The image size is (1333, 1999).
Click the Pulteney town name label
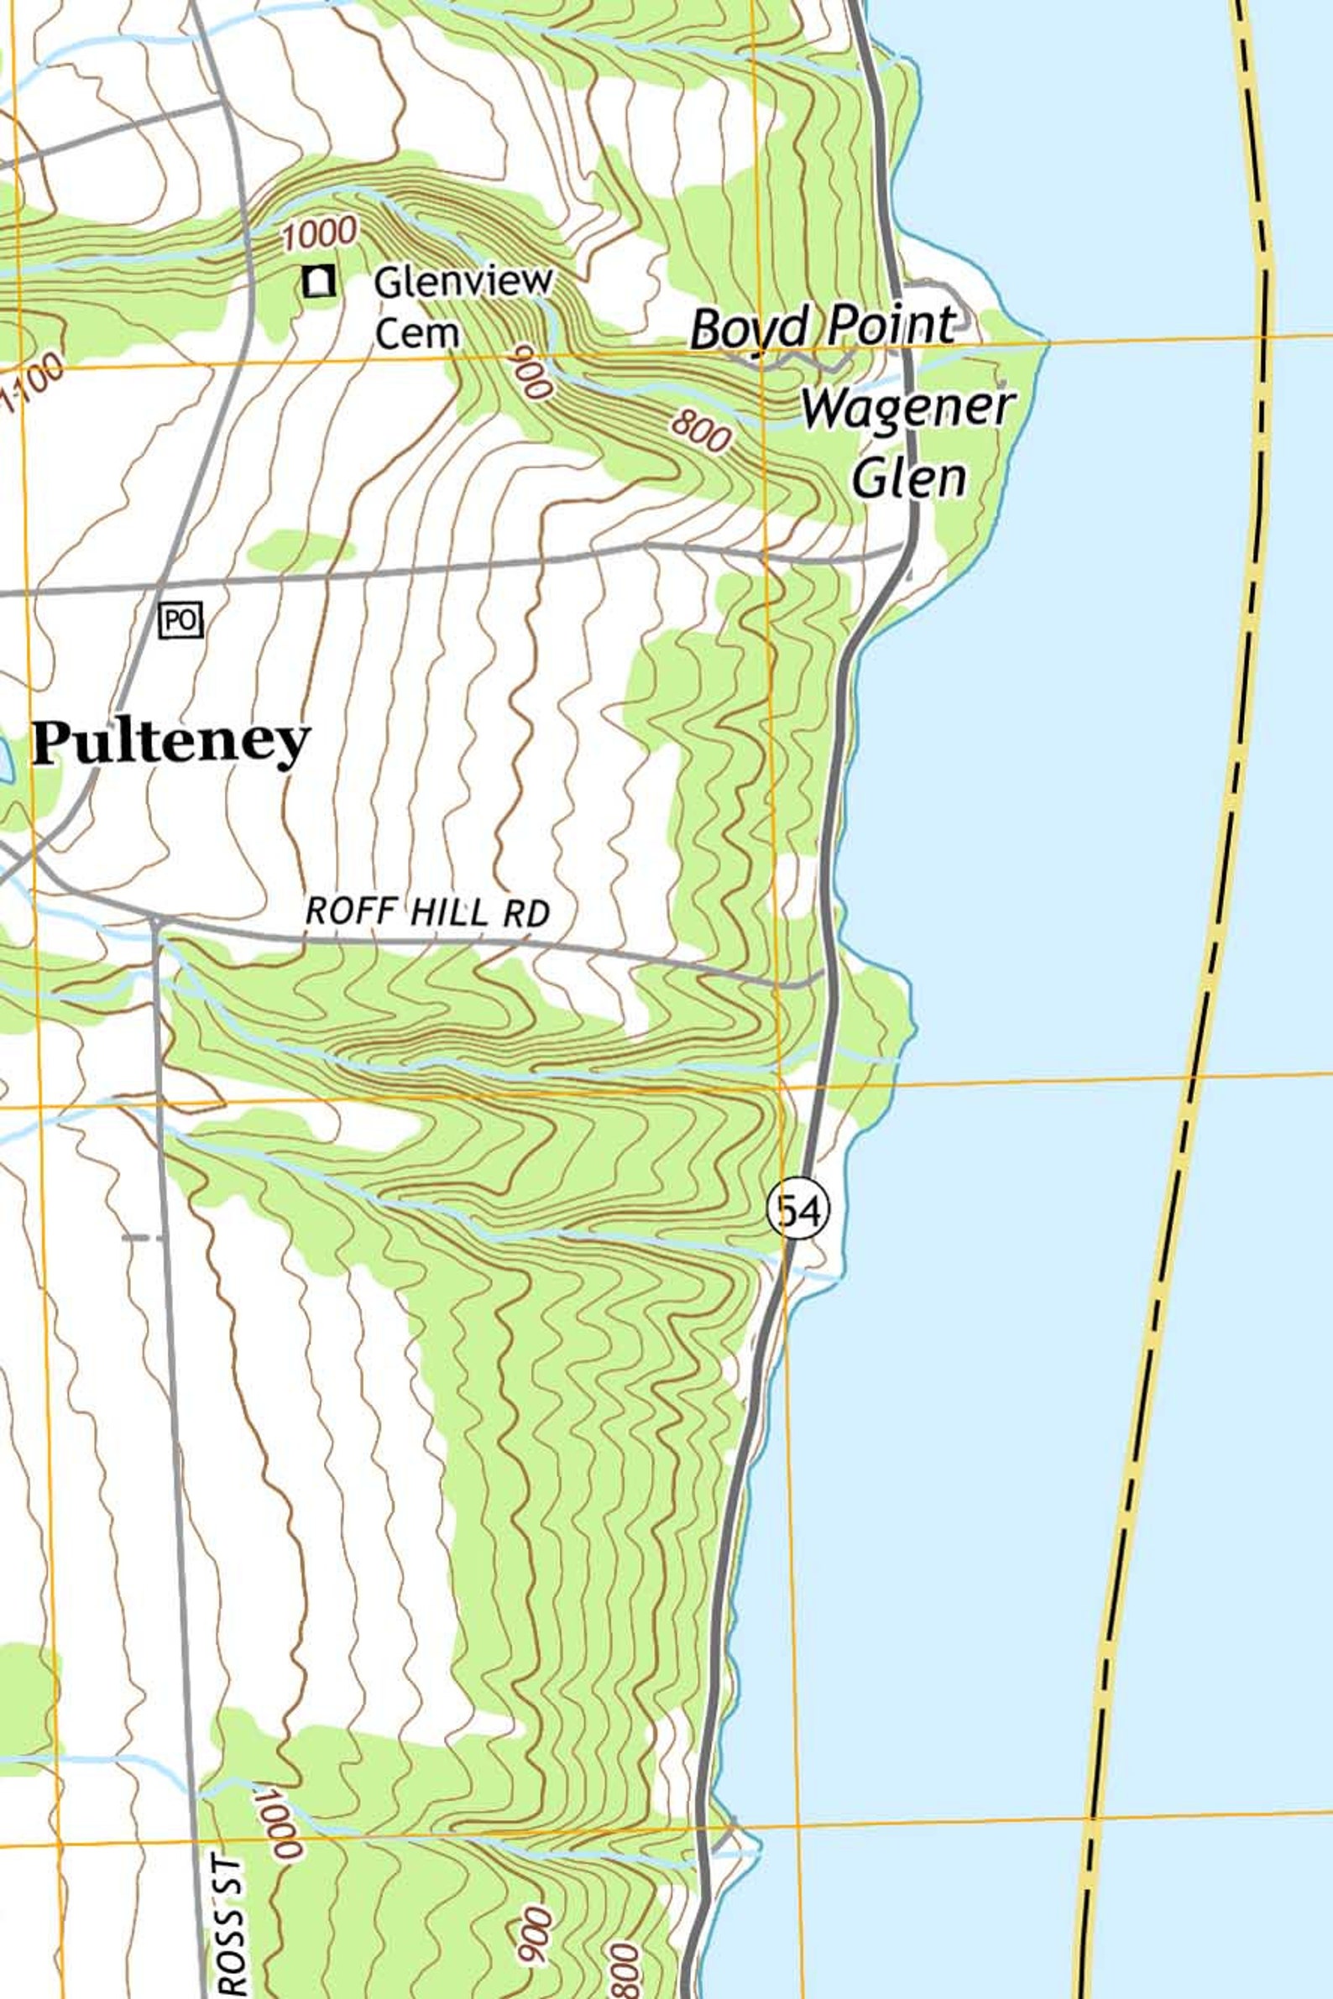tap(170, 742)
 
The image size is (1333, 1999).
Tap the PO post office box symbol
tap(180, 620)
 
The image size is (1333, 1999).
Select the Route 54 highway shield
tap(797, 1209)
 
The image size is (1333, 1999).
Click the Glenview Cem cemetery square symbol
tap(318, 280)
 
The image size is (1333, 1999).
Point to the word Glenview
tap(463, 281)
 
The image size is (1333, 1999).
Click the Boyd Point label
tap(823, 326)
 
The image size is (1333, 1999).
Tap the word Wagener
tap(908, 408)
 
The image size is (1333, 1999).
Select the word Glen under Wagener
tap(909, 478)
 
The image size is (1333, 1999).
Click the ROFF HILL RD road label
tap(426, 912)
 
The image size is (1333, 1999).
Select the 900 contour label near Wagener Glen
tap(532, 372)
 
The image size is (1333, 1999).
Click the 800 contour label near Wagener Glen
tap(701, 431)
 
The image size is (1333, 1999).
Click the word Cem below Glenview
tap(416, 333)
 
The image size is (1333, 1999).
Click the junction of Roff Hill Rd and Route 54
tap(824, 972)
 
